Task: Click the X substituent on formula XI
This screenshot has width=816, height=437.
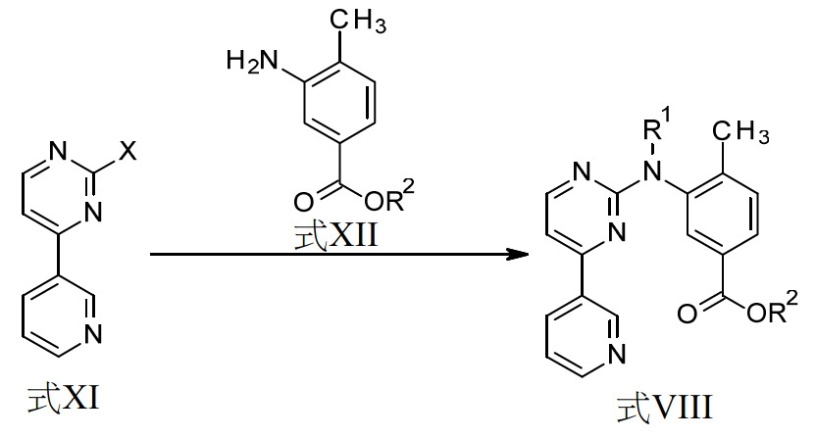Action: (x=127, y=151)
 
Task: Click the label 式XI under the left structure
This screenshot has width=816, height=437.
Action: (x=64, y=399)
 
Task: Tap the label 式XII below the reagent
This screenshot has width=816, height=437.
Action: (x=335, y=236)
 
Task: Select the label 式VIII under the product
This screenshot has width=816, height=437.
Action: (x=664, y=408)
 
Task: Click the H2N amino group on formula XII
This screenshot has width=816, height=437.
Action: (x=253, y=62)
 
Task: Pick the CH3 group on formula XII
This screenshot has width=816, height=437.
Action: (x=359, y=22)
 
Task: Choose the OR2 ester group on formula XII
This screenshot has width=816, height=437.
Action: (x=389, y=198)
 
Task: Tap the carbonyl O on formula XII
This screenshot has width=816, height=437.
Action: (x=304, y=202)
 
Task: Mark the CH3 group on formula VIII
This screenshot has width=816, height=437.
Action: (x=741, y=132)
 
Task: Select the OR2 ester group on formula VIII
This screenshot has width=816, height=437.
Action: (x=772, y=310)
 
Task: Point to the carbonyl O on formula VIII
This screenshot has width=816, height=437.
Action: (x=687, y=314)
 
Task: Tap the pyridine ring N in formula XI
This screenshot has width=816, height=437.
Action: (x=92, y=333)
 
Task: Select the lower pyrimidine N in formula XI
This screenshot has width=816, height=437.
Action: (x=92, y=212)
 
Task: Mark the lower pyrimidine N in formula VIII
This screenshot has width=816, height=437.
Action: (x=616, y=232)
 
